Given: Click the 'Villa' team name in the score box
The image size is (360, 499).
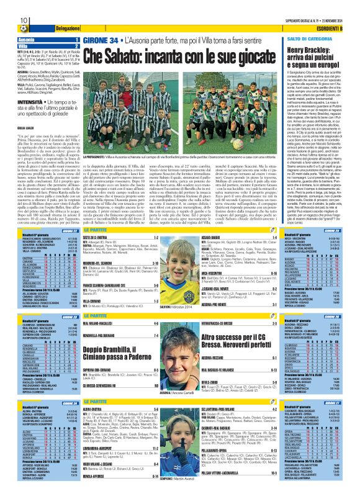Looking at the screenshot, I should [x=14, y=46].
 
